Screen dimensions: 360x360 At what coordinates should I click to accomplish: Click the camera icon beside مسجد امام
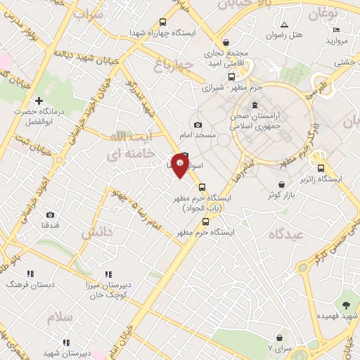(198, 124)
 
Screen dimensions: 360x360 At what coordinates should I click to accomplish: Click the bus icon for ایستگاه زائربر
(321, 168)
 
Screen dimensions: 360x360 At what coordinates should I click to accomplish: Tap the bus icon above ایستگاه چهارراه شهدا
(163, 22)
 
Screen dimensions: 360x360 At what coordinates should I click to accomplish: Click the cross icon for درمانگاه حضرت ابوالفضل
(39, 101)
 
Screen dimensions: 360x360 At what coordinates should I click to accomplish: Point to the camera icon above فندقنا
(50, 214)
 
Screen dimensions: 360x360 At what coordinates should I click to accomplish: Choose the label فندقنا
(49, 225)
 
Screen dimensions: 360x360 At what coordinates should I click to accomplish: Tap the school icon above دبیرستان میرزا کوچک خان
(108, 274)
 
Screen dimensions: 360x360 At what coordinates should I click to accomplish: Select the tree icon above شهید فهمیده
(345, 304)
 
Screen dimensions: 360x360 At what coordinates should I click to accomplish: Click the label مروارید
(337, 41)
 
